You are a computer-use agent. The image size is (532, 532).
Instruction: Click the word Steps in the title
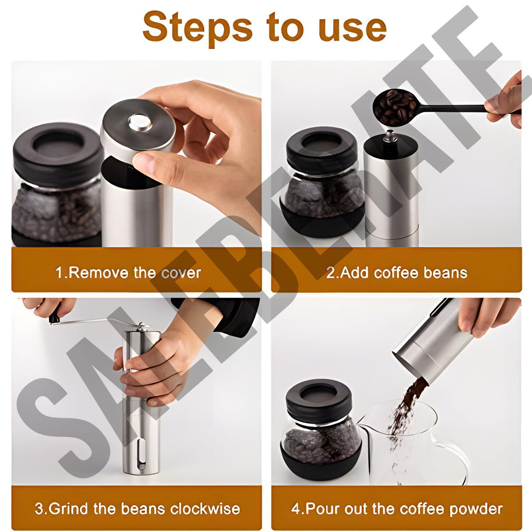click(197, 27)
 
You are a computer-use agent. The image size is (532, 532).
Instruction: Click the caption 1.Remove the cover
click(128, 273)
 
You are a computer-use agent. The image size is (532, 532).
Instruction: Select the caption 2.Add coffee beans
click(397, 273)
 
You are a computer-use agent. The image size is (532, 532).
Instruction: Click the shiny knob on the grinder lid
click(140, 122)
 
